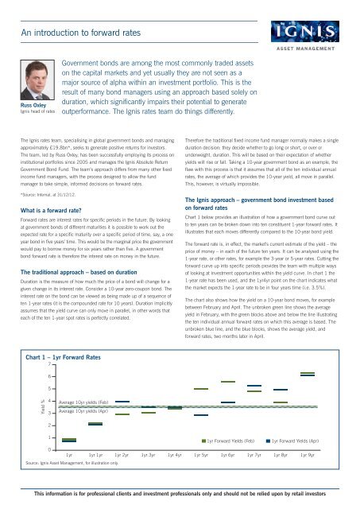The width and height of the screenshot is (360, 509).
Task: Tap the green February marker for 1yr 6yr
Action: [228, 382]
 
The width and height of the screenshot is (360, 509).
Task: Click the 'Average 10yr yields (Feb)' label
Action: [87, 404]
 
